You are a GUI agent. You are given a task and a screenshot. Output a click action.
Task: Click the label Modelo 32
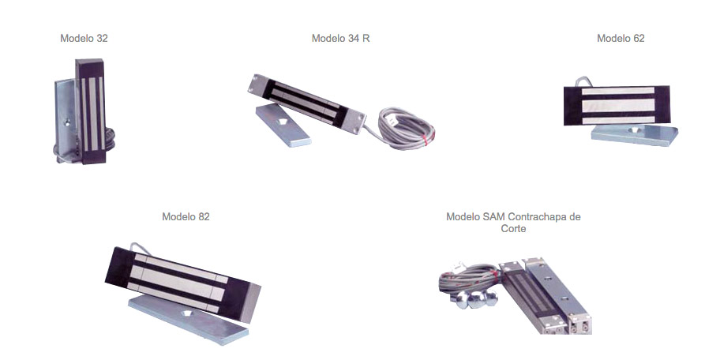[84, 38]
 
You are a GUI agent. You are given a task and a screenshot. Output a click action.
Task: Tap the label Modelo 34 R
[341, 38]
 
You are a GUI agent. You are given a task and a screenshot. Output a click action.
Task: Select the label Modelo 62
[621, 38]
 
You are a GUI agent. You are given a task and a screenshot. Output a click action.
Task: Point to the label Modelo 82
[186, 216]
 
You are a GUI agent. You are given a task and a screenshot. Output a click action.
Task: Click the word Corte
[513, 227]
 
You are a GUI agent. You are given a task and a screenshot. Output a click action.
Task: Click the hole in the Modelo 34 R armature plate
[283, 122]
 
